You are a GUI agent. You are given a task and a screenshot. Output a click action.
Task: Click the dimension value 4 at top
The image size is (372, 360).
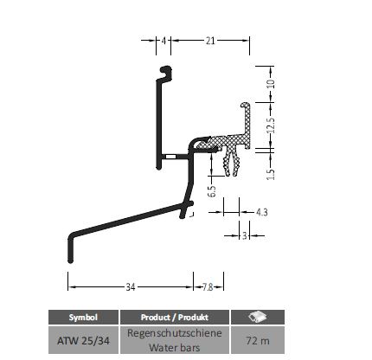pos(164,41)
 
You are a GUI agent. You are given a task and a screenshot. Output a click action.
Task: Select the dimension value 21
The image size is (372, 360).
pos(210,41)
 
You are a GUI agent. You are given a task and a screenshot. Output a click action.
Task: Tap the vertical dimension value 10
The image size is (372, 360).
pos(271,83)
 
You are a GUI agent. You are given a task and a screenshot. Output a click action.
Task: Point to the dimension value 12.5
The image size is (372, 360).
pos(271,125)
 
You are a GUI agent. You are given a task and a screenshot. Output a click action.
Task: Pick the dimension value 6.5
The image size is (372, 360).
pos(212,191)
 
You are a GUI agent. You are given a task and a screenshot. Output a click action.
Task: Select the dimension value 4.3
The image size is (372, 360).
pos(262,212)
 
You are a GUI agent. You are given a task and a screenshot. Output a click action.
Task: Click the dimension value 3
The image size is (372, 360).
pos(245,235)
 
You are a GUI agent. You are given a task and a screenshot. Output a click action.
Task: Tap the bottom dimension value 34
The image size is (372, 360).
pos(131,287)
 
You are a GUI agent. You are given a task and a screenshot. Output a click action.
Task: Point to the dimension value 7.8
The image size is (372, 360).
pos(208,287)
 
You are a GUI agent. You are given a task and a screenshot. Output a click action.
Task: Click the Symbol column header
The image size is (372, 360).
pos(83,318)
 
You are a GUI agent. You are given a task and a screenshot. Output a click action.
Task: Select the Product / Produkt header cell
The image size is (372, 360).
pos(175,318)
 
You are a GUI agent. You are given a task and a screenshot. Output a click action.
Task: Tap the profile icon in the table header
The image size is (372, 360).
pos(258,317)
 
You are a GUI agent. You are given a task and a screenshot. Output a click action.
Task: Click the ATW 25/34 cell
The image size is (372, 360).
pos(83,340)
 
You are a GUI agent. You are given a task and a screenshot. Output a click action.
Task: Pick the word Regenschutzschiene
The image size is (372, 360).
pos(175,333)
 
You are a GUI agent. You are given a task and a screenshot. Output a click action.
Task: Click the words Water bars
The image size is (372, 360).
pos(175,347)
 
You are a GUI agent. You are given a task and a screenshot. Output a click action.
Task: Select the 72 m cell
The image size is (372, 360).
pos(258,340)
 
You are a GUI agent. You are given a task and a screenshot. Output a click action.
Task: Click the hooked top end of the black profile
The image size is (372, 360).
pos(166,73)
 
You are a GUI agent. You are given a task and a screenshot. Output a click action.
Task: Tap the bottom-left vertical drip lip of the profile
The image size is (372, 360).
pos(71,248)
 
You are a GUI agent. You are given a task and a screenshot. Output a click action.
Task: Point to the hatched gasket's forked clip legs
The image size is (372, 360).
pos(232,162)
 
